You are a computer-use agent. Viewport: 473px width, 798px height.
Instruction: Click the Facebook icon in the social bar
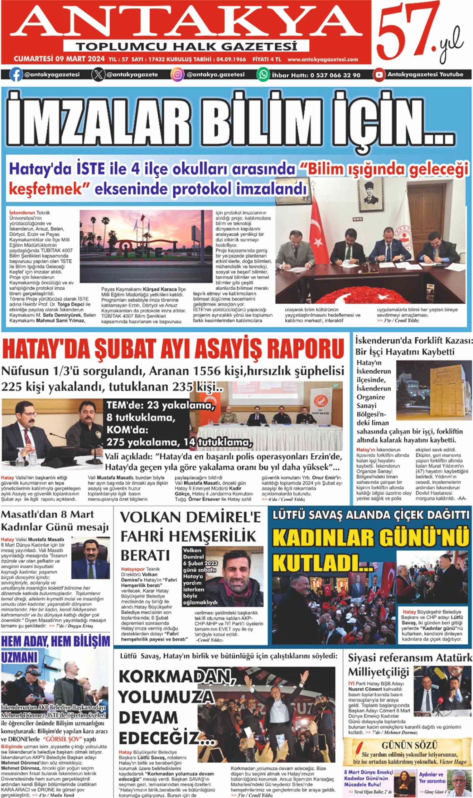[16, 75]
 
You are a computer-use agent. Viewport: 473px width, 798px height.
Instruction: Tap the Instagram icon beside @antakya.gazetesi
[177, 75]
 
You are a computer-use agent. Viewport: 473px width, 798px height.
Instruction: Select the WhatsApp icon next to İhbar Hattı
[263, 75]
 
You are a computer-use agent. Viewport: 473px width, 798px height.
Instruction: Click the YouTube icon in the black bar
[379, 75]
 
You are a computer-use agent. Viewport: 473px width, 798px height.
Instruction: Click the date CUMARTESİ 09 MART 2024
[59, 59]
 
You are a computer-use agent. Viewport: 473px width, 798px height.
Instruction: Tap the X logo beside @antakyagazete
[98, 75]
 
